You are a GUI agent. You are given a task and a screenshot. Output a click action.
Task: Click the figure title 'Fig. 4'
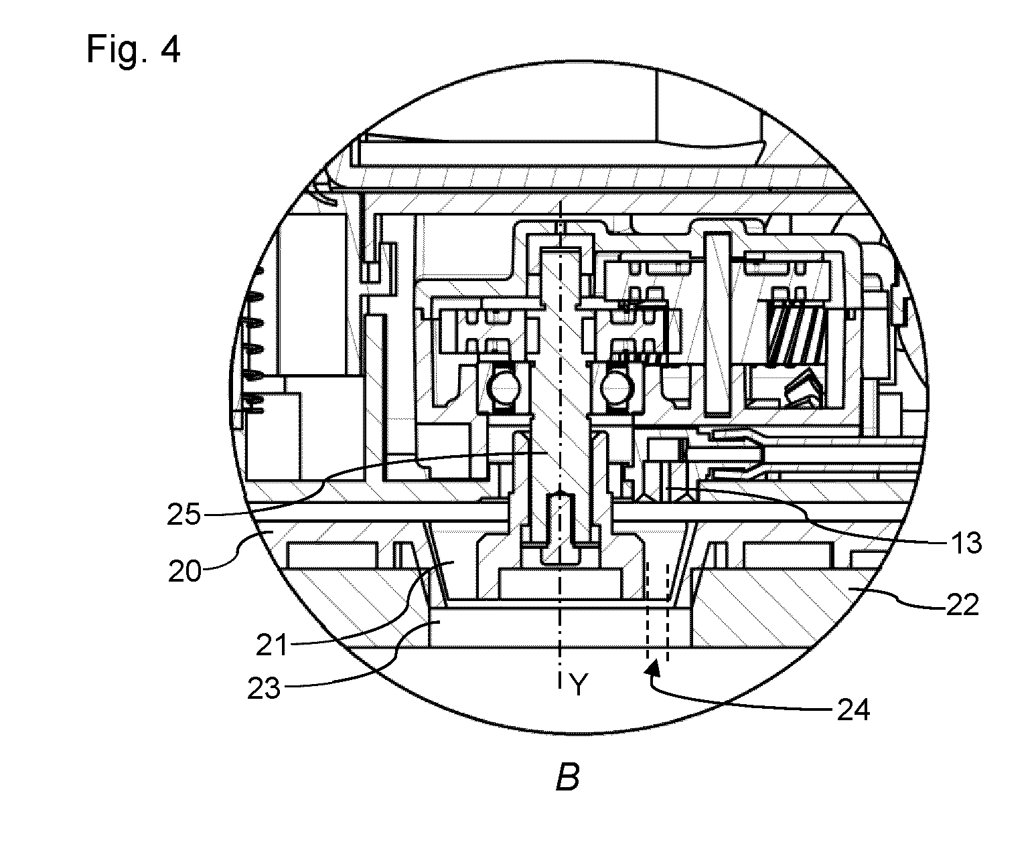coord(133,50)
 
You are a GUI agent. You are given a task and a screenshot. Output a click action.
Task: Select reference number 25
coord(183,514)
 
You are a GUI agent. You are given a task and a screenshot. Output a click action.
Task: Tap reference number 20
coord(186,571)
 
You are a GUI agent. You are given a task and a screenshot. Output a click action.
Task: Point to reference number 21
coord(272,646)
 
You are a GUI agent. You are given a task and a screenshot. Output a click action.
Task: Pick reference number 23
coord(264,688)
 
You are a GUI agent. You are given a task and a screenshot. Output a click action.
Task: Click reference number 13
coord(966,543)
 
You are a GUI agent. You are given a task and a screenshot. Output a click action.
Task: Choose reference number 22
coord(962,605)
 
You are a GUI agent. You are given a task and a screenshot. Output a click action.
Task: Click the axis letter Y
coord(579,685)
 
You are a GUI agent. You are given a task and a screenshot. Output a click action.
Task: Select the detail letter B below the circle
coord(567,777)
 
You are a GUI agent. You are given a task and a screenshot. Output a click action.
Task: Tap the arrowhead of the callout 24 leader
coord(653,667)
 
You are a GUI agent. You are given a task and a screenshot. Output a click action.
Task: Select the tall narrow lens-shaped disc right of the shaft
coord(717,325)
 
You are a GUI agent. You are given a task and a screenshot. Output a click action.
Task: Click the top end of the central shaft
coord(561,250)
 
